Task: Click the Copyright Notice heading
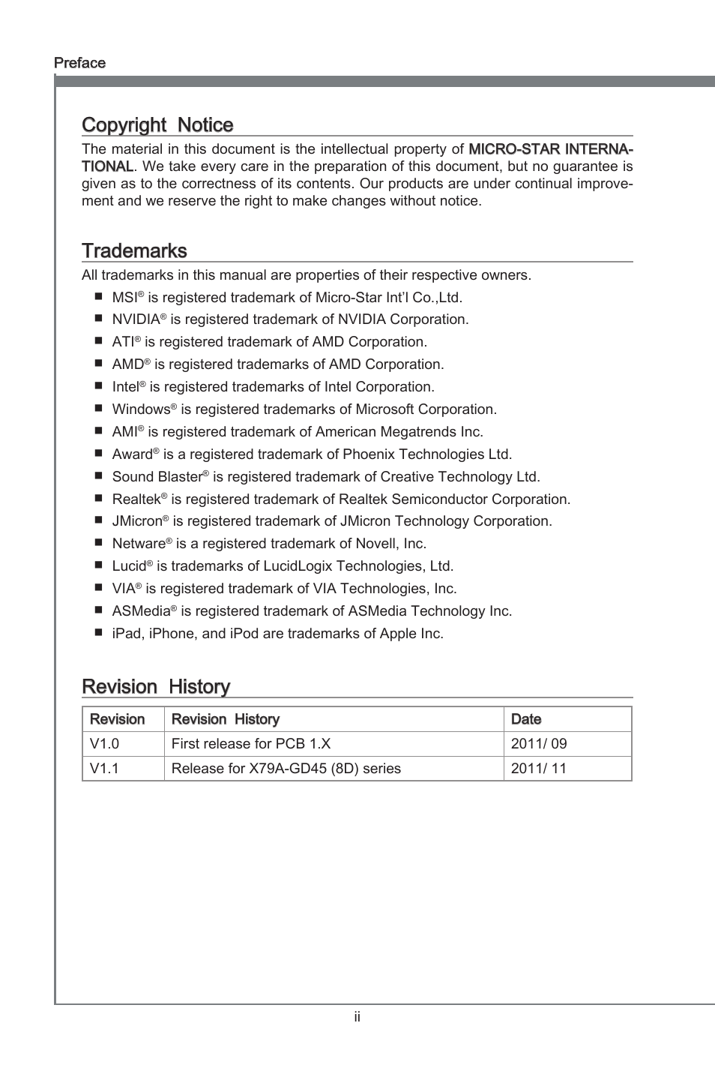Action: [x=157, y=125]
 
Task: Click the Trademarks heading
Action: [x=134, y=251]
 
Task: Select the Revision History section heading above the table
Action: [x=156, y=687]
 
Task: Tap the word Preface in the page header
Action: [x=79, y=63]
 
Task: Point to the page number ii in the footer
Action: [x=357, y=1017]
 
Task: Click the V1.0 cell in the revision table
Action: [x=104, y=744]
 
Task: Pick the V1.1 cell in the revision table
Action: [x=104, y=769]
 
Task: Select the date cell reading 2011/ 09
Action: [x=539, y=744]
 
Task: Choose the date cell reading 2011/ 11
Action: [x=539, y=769]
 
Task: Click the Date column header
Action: [x=526, y=719]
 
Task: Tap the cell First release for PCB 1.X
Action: [x=251, y=744]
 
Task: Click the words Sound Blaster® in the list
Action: [x=160, y=477]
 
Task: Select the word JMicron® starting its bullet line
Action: [x=140, y=521]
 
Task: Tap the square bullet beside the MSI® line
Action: [x=98, y=298]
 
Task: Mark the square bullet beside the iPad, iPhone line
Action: [x=98, y=633]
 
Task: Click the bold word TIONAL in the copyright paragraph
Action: [x=107, y=166]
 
